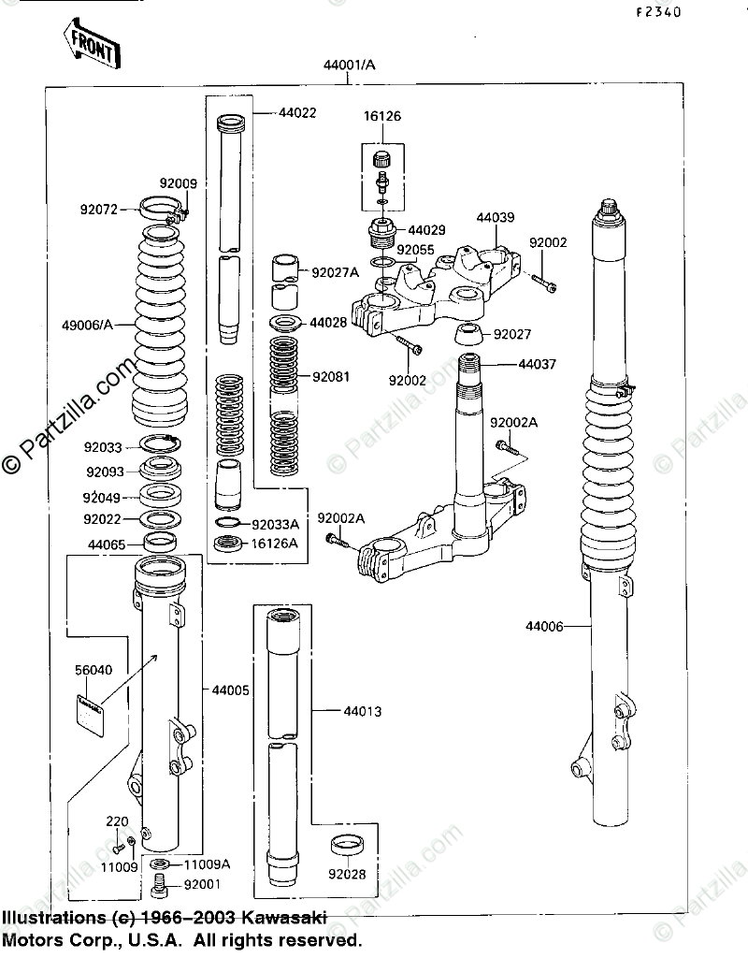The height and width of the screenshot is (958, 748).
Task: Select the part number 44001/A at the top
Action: (350, 65)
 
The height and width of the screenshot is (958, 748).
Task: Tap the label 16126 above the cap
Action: (381, 117)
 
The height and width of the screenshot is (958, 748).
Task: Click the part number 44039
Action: (496, 218)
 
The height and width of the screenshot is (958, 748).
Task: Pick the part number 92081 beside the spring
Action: (332, 377)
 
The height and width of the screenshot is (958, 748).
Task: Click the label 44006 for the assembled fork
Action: (544, 626)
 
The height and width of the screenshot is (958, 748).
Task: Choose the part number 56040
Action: (93, 670)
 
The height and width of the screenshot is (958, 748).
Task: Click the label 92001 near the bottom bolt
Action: (202, 882)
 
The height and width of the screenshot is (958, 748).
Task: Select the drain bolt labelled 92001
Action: (160, 881)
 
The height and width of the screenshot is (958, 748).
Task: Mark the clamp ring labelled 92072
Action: (160, 206)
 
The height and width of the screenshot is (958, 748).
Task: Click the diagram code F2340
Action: (659, 13)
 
